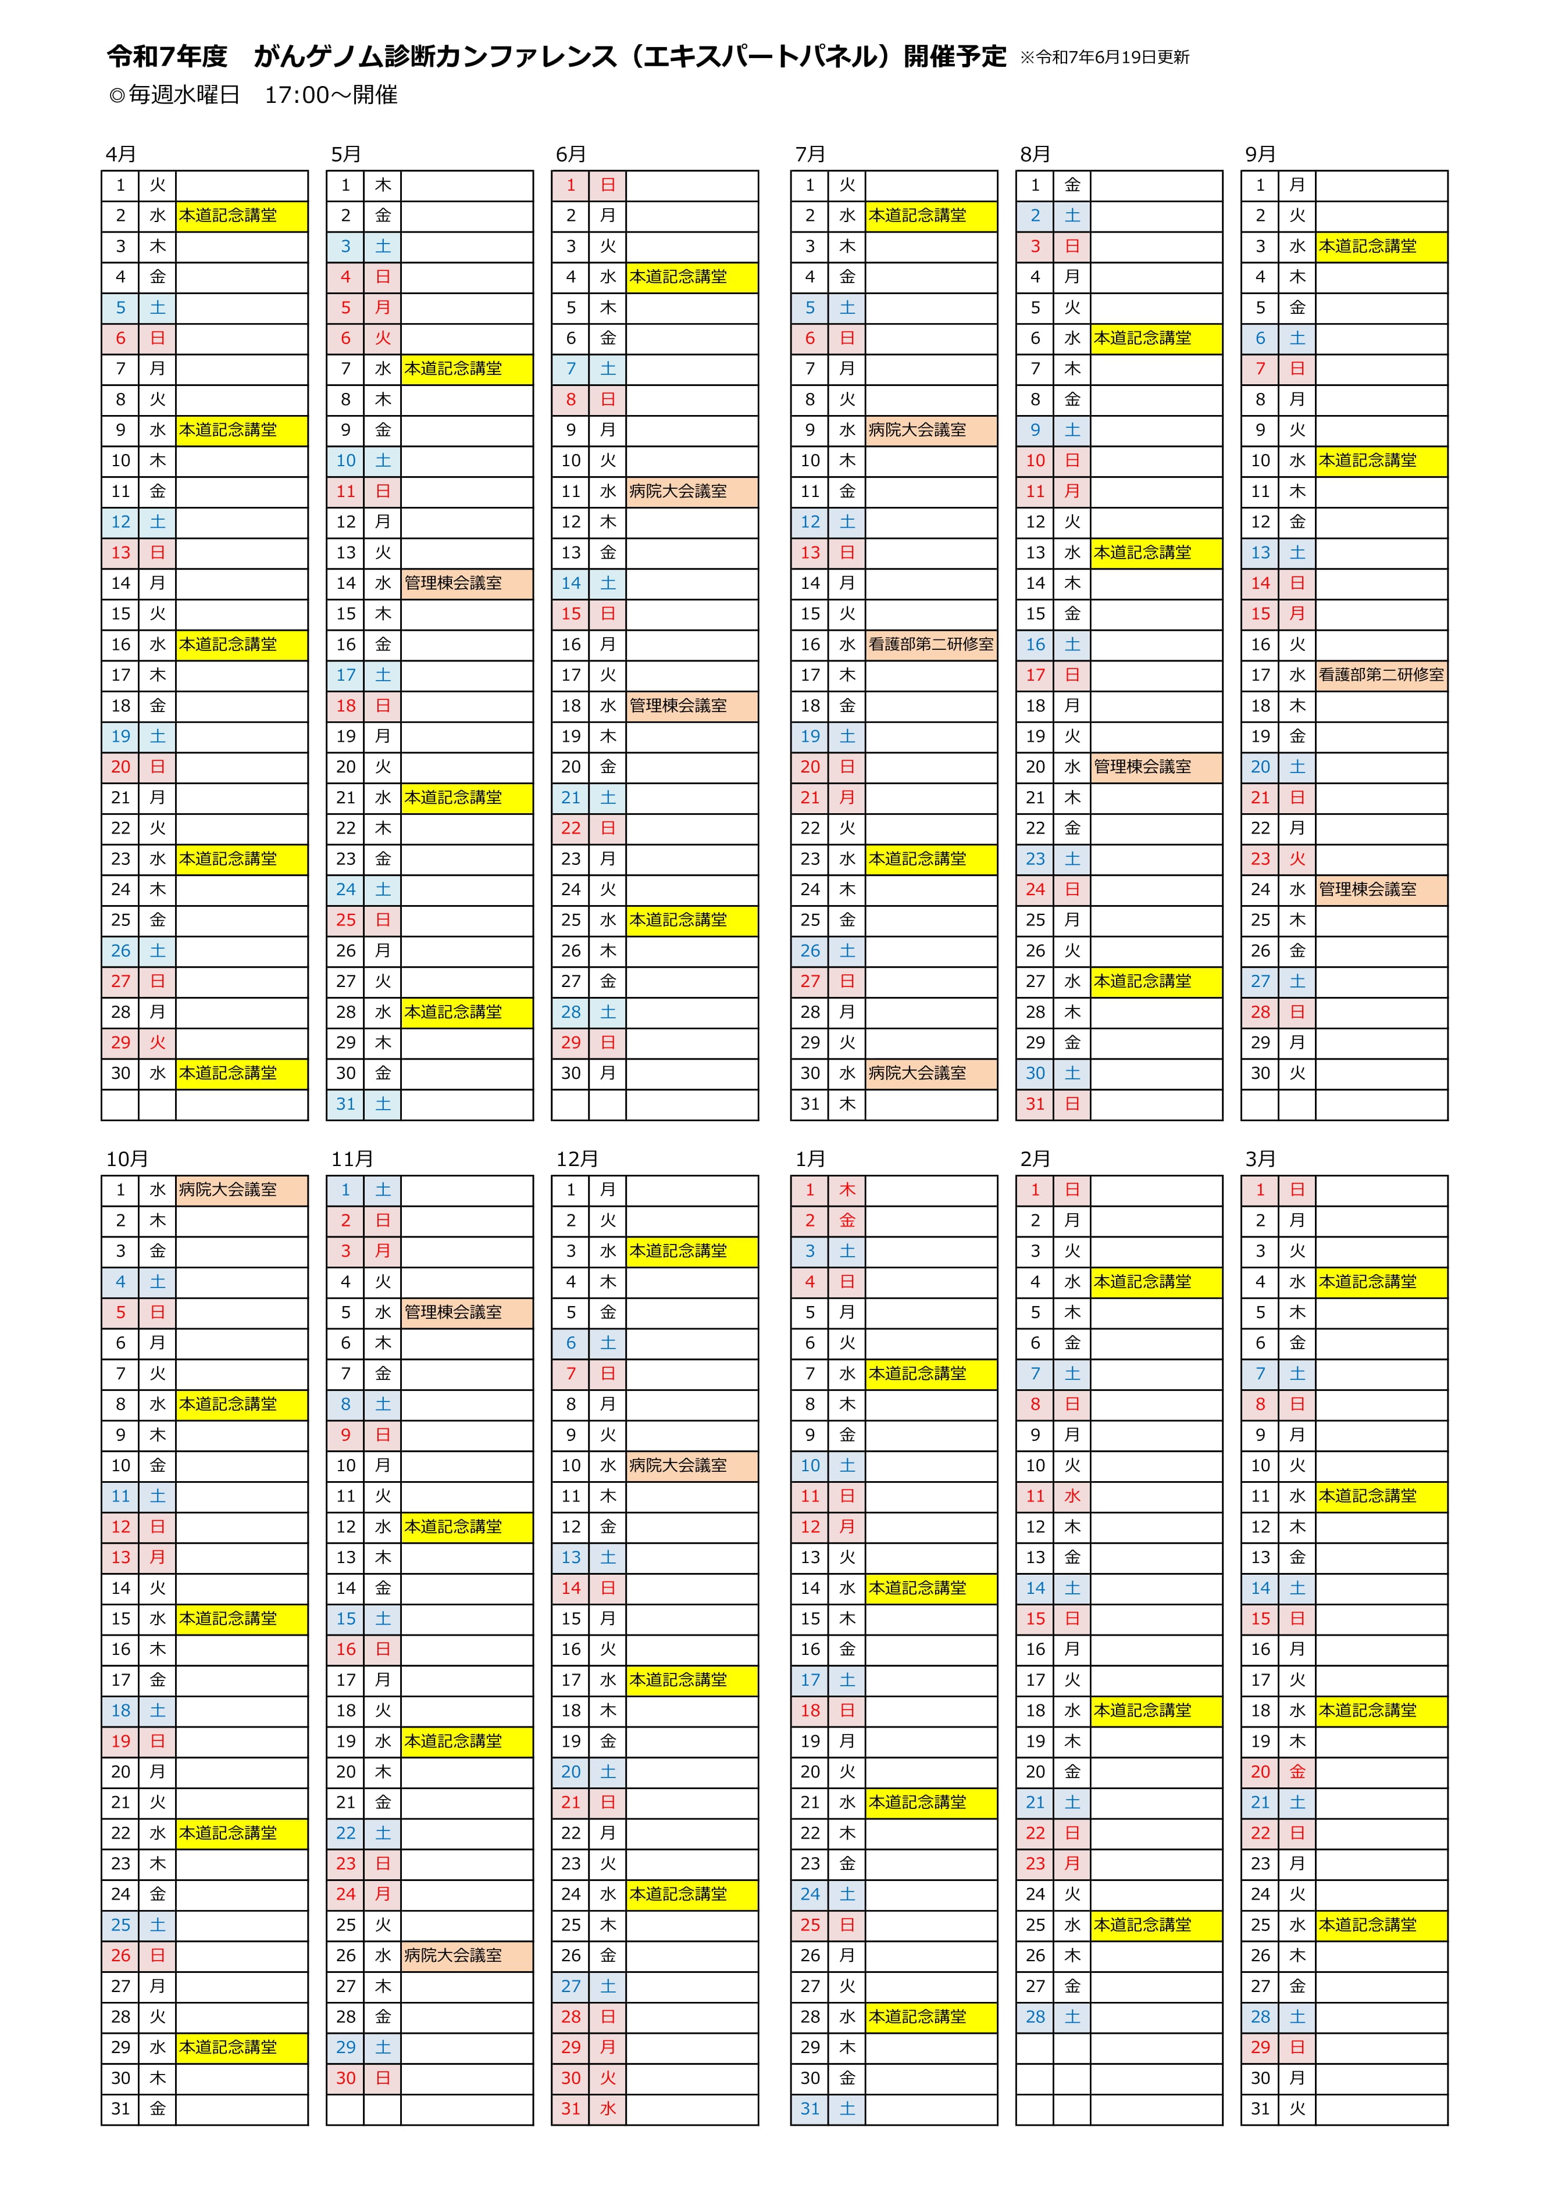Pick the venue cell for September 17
[1381, 675]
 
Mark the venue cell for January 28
[931, 2016]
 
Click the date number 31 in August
[1035, 1104]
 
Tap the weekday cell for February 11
[1072, 1496]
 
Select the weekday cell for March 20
[1297, 1772]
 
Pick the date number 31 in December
[571, 2108]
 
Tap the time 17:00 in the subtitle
[295, 95]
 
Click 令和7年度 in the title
[167, 58]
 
